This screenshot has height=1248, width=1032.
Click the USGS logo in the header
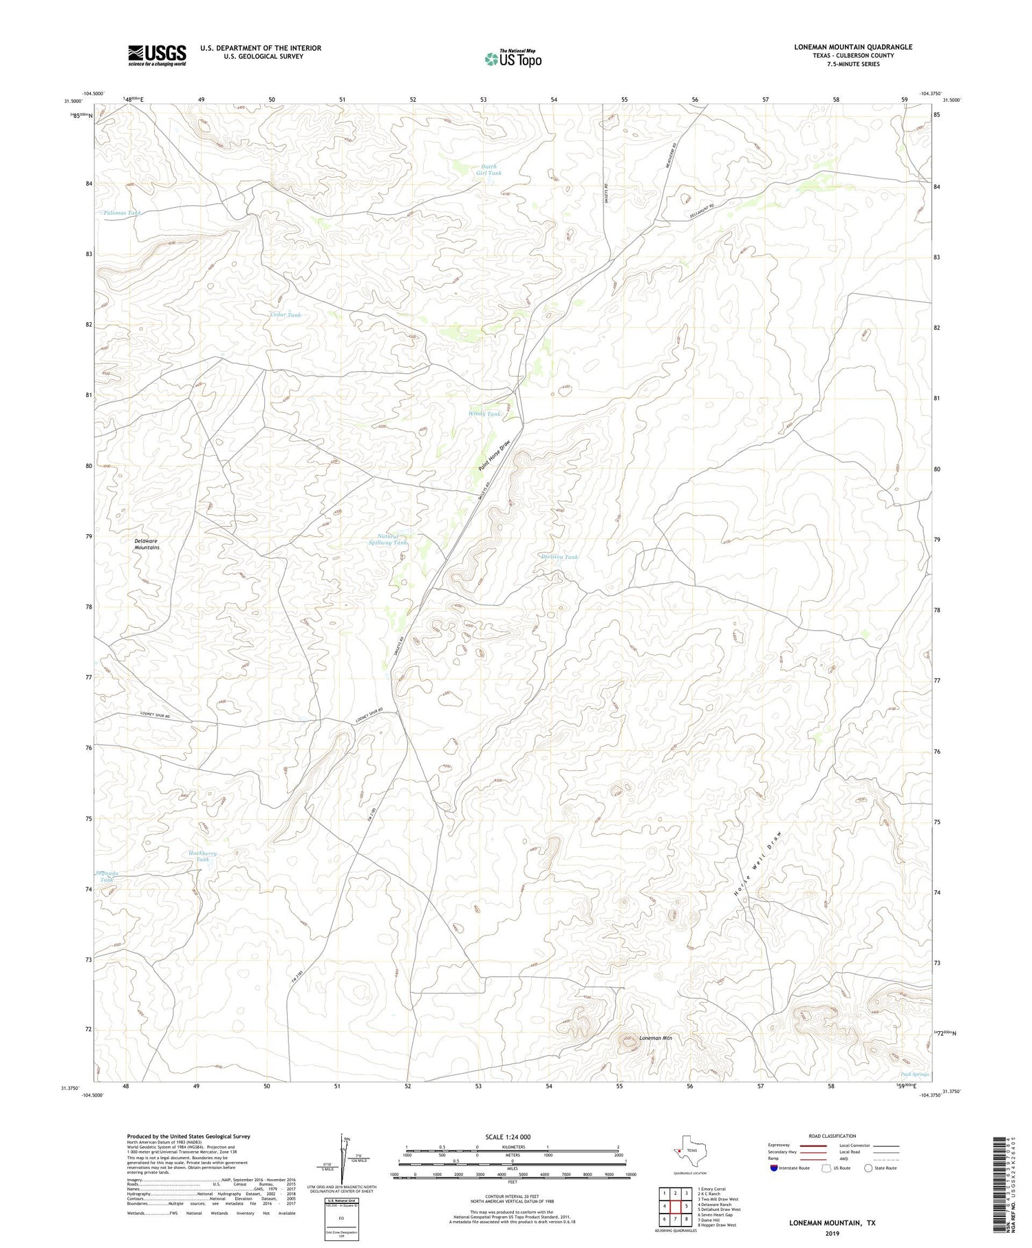pyautogui.click(x=157, y=55)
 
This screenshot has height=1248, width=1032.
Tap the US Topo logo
pyautogui.click(x=513, y=59)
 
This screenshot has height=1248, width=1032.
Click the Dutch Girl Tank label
pyautogui.click(x=488, y=169)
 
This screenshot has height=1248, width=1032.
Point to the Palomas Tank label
pyautogui.click(x=121, y=213)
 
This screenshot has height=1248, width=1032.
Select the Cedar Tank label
pyautogui.click(x=285, y=315)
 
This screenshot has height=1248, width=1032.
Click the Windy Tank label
pyautogui.click(x=484, y=414)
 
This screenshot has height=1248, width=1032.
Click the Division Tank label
pyautogui.click(x=559, y=556)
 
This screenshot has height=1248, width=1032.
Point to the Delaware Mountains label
pyautogui.click(x=147, y=544)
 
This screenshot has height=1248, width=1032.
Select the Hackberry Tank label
pyautogui.click(x=202, y=856)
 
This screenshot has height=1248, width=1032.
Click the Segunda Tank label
pyautogui.click(x=107, y=876)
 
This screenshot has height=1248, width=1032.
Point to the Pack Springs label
pyautogui.click(x=914, y=1074)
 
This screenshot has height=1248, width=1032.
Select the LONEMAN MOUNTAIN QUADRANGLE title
pyautogui.click(x=852, y=47)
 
